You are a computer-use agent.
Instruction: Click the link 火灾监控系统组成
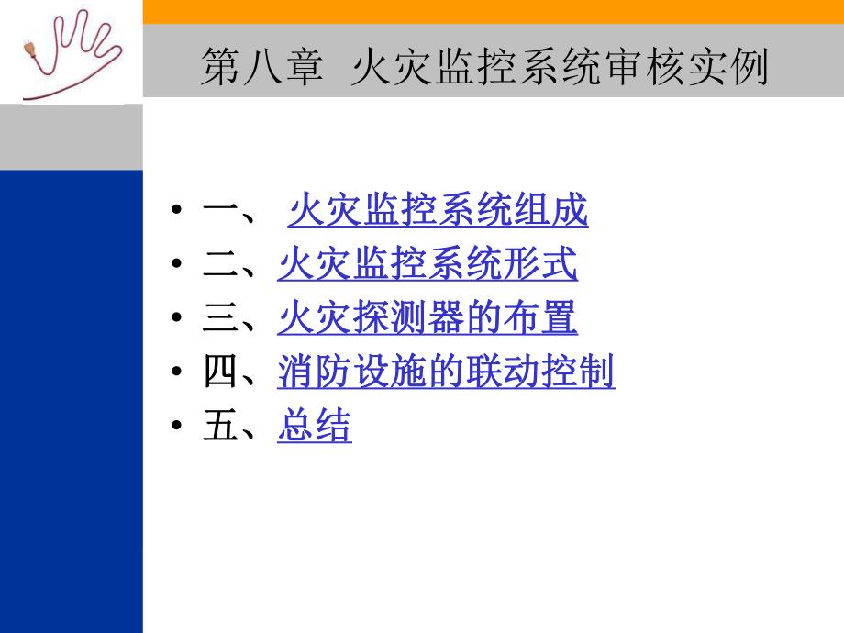pos(439,212)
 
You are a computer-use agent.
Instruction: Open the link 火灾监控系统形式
pos(428,266)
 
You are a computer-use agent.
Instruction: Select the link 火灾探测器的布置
pos(428,320)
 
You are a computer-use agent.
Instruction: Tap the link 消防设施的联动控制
pos(446,374)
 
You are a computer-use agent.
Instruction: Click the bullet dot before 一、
pos(176,213)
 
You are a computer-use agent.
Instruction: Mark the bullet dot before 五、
pos(176,429)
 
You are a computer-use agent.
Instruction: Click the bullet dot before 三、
pos(176,321)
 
